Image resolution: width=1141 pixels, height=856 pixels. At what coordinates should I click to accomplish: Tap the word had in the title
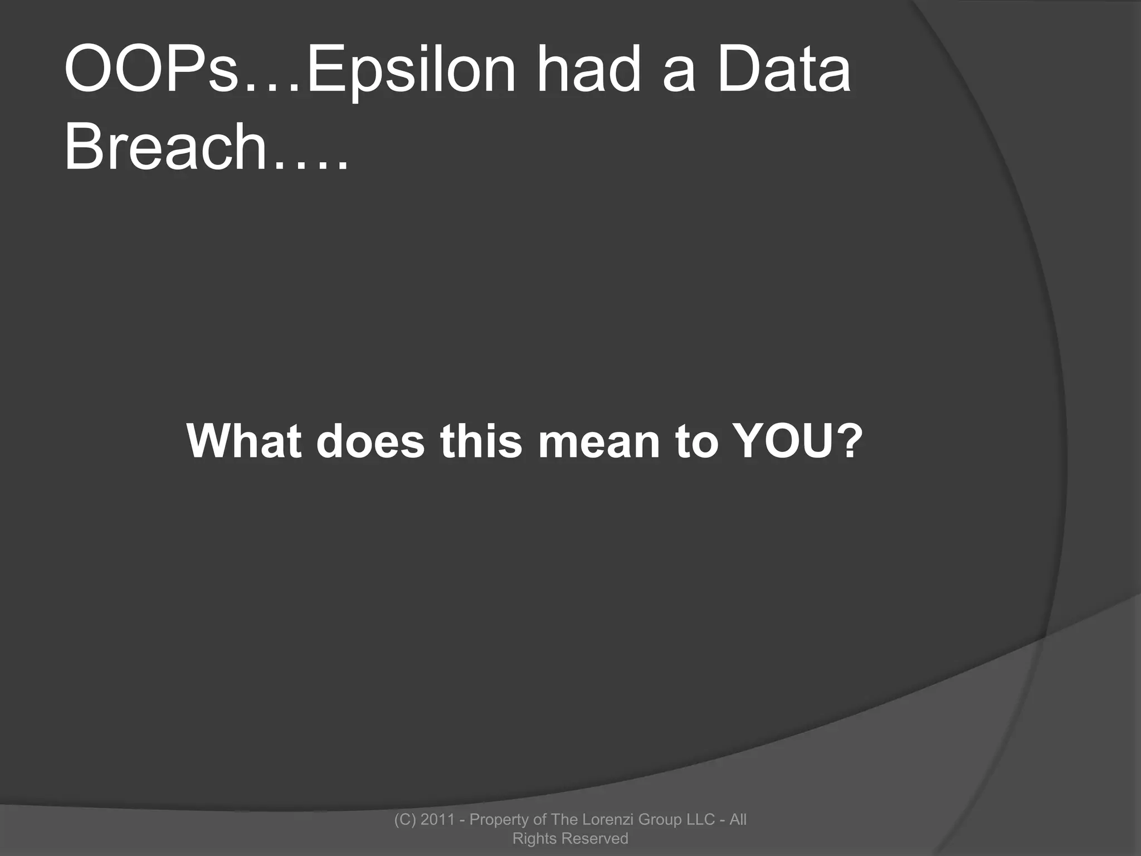pos(589,71)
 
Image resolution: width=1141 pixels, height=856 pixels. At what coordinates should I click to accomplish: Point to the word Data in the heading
pos(784,71)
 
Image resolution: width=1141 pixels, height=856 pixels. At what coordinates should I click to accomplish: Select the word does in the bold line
pos(370,441)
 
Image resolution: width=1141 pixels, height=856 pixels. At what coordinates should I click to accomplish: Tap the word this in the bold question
pos(481,441)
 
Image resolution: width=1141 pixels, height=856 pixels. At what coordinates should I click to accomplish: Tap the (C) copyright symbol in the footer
pos(405,819)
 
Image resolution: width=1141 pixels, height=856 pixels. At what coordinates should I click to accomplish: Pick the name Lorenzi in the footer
pos(604,819)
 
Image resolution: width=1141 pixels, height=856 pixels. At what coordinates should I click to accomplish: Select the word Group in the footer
pos(660,819)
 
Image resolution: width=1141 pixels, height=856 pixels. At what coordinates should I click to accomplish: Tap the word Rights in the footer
pos(534,838)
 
